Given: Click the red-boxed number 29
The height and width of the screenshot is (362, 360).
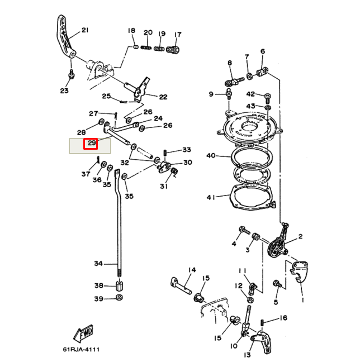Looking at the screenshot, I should [91, 144].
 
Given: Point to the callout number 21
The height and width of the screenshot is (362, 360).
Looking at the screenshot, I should [85, 30].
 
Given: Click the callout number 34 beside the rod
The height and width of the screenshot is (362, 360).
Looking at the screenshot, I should [98, 263].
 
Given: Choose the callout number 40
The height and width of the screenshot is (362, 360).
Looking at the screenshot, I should [211, 155].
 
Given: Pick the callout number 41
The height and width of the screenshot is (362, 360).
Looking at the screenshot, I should [211, 197].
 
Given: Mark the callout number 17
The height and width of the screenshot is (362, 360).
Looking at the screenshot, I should [177, 35].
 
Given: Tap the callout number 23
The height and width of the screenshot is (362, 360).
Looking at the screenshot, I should [64, 90].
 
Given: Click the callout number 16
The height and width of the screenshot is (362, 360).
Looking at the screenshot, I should [283, 318].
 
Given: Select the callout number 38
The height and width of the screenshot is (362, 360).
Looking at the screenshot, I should [98, 285].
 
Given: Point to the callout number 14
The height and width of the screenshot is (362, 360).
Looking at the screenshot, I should [192, 270].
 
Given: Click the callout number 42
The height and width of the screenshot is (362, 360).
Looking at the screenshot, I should [250, 94].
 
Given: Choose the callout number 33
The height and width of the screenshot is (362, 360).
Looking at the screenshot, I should [186, 150].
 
